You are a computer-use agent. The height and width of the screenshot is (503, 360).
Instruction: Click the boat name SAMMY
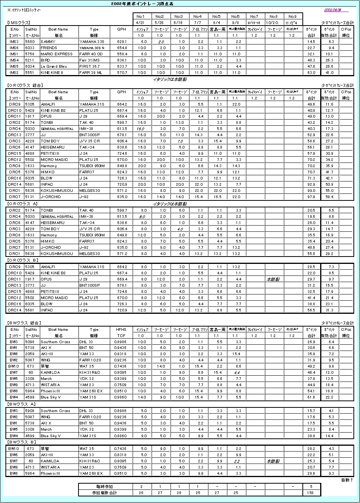(48, 41)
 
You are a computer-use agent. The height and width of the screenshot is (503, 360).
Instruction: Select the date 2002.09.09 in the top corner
(332, 10)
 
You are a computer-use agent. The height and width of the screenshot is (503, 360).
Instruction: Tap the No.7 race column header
(254, 17)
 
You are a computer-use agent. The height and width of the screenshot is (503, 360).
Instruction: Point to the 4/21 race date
(141, 23)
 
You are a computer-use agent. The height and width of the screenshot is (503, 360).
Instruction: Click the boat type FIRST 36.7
(89, 66)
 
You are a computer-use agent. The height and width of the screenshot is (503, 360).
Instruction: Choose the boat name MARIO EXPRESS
(56, 54)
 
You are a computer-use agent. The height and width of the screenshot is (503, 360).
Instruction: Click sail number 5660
(30, 41)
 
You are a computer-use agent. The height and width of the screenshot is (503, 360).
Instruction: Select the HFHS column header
(121, 330)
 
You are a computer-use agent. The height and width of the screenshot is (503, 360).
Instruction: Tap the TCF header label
(121, 336)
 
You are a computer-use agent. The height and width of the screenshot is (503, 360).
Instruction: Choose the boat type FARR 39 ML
(91, 72)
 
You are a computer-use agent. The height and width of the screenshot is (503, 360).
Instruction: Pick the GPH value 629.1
(122, 41)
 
